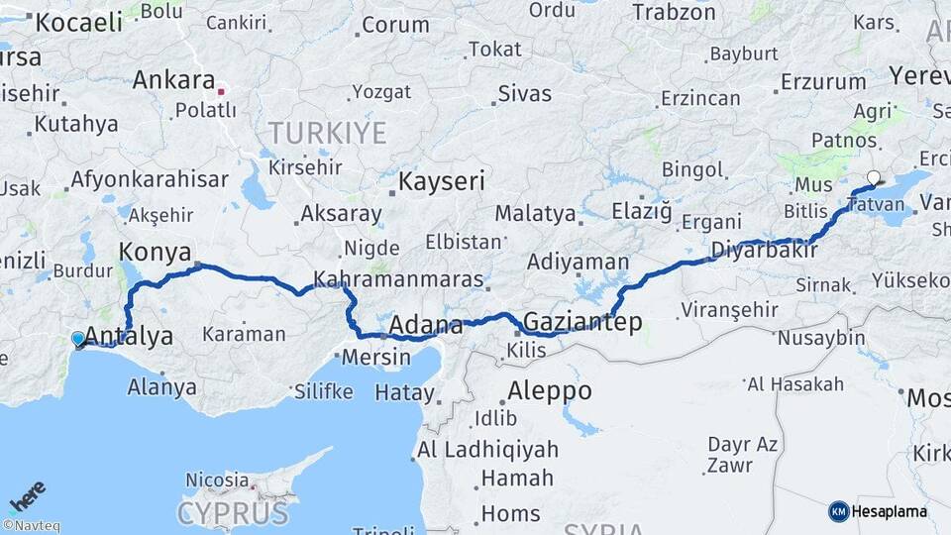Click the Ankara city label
(x=173, y=79)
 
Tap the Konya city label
(x=155, y=252)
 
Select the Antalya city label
(x=130, y=336)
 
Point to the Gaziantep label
(x=582, y=322)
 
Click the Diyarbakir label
(x=764, y=250)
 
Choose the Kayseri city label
(x=442, y=181)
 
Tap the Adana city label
(x=426, y=325)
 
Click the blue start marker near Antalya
(x=78, y=340)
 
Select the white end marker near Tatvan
(x=873, y=179)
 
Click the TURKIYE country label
(x=327, y=133)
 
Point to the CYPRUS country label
(x=233, y=513)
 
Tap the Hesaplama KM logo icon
(x=838, y=511)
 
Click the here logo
(x=27, y=495)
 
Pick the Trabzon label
(x=674, y=12)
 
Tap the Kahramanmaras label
(x=398, y=279)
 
